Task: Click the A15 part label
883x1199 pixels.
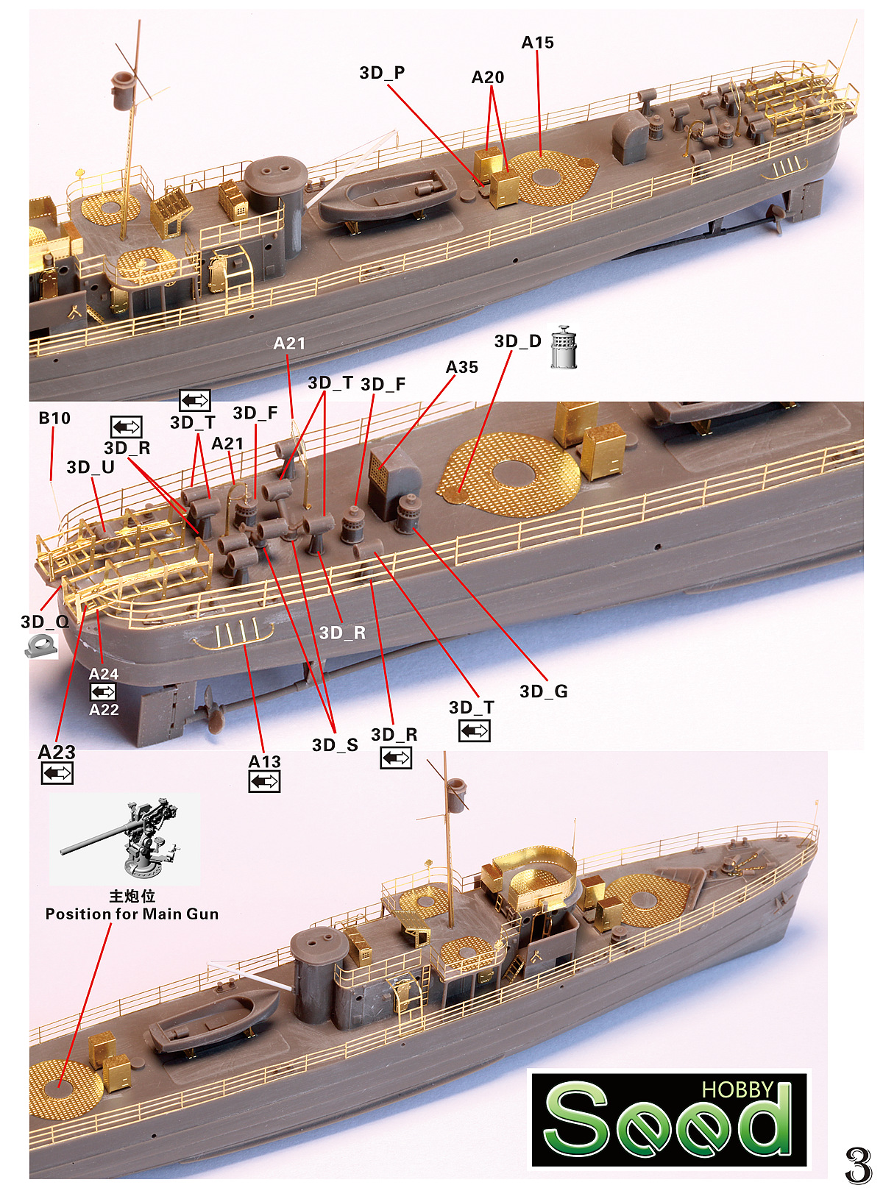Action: (x=537, y=43)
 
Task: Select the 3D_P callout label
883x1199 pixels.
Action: (x=382, y=73)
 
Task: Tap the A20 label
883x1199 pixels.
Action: (x=487, y=77)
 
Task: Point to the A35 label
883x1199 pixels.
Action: (x=461, y=367)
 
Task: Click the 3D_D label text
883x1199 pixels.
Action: (x=517, y=341)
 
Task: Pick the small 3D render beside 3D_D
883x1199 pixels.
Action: (x=564, y=347)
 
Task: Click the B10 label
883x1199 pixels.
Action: (x=54, y=418)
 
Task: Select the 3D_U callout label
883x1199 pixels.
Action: (x=91, y=467)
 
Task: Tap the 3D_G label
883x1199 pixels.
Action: (x=543, y=691)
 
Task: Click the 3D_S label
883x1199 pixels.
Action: (x=335, y=745)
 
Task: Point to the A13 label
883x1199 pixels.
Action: (x=264, y=762)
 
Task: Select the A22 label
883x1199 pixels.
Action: (x=104, y=710)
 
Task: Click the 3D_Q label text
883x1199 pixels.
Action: (x=45, y=622)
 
